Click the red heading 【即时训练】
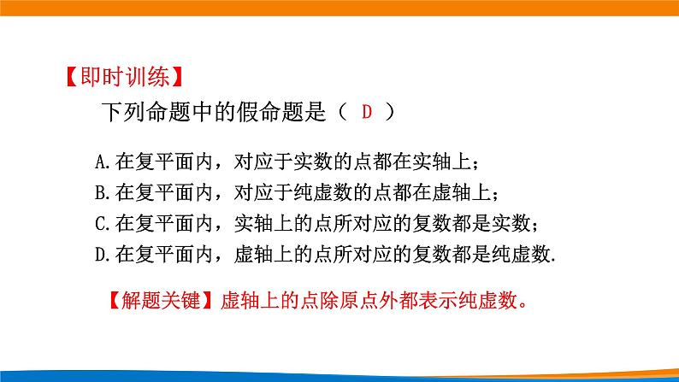(122, 78)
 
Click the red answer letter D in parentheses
(368, 112)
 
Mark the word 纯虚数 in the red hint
(490, 301)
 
